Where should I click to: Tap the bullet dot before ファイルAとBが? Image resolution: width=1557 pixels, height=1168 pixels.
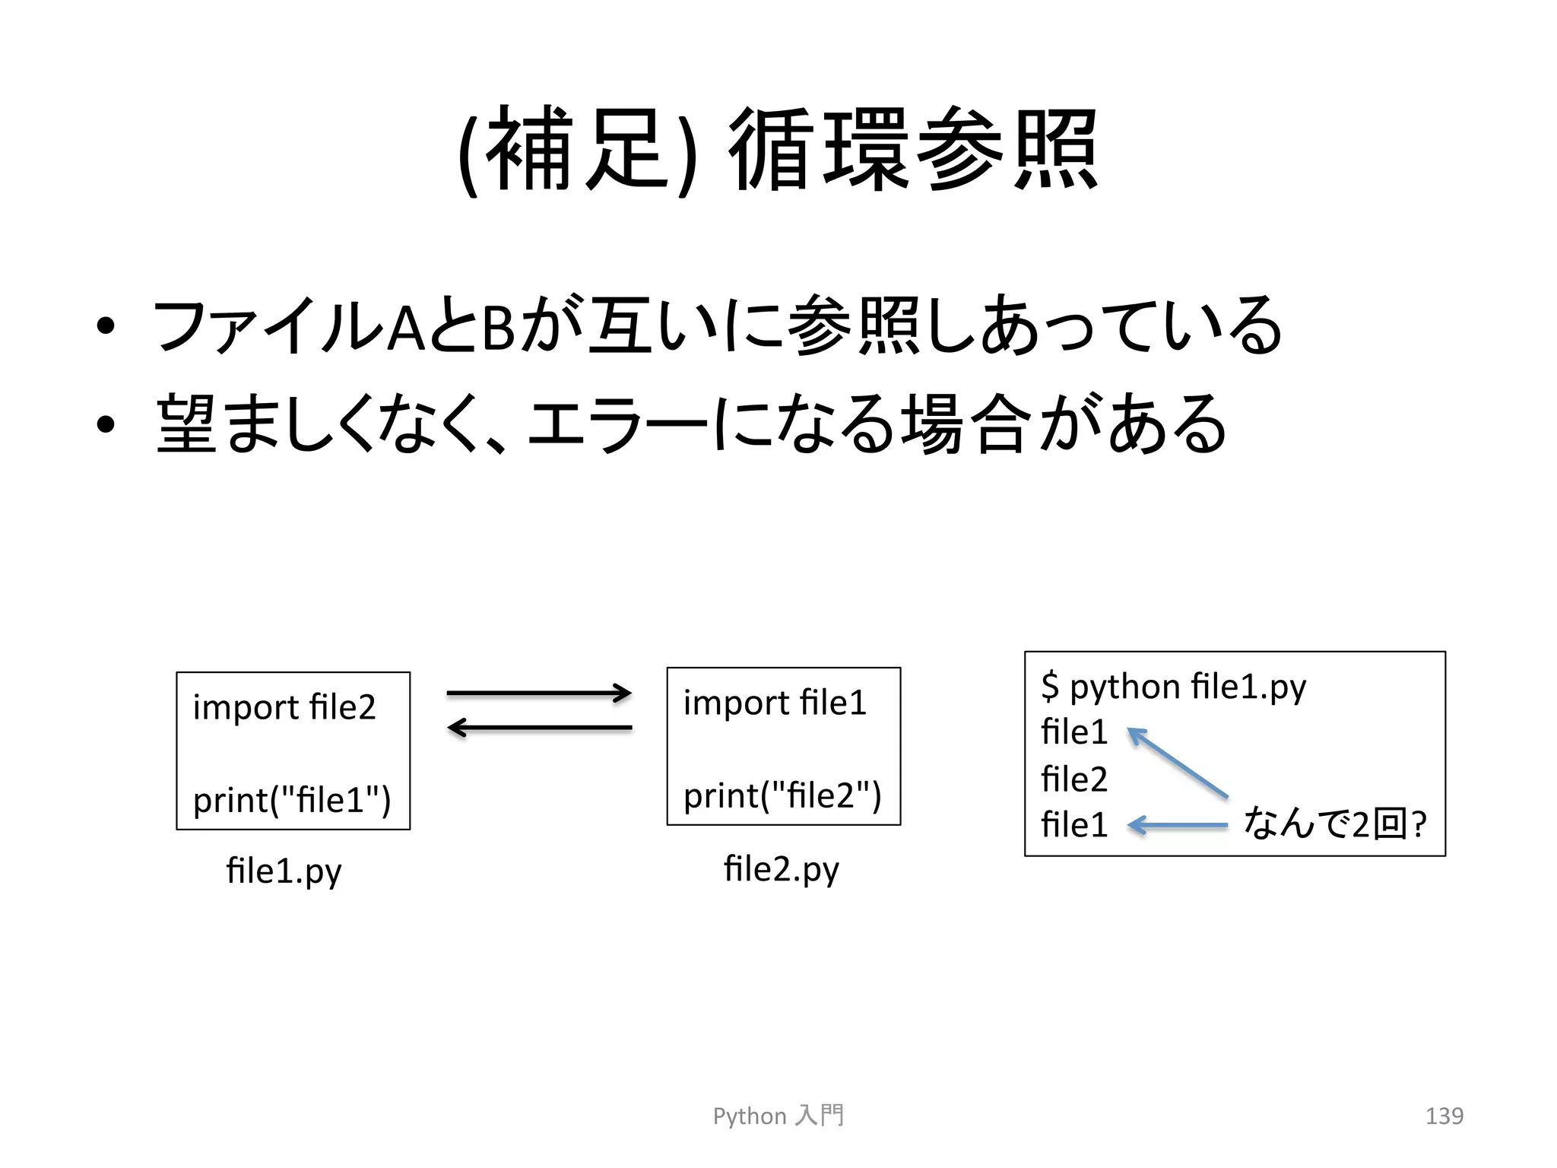pos(106,326)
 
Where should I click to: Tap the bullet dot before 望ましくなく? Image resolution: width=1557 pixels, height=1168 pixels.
pos(106,424)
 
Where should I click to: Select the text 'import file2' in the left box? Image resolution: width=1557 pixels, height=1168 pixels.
pos(284,707)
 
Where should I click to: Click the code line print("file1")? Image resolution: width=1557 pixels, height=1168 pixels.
pos(292,800)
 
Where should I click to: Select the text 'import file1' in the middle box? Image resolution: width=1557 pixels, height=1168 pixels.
pos(775,703)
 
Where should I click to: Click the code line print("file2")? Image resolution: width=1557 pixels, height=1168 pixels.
pos(782,796)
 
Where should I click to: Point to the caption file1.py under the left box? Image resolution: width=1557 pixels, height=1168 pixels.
pos(284,871)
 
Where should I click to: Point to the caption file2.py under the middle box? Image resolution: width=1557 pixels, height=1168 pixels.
pos(781,869)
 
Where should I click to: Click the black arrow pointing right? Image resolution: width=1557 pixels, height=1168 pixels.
pos(539,693)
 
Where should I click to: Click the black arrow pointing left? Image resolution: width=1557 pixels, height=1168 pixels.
pos(539,728)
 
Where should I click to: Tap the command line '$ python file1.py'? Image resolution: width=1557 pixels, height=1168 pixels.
pos(1173,687)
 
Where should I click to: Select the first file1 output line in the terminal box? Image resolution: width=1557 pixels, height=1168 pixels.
pos(1074,732)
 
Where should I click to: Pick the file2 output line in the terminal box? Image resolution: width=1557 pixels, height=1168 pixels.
pos(1074,779)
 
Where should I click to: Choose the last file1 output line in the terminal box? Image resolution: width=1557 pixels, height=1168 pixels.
pos(1074,824)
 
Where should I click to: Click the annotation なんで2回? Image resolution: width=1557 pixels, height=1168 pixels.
pos(1334,824)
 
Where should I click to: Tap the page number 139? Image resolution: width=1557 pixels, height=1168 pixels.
pos(1444,1116)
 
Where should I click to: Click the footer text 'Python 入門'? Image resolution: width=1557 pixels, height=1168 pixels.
pos(778,1116)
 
